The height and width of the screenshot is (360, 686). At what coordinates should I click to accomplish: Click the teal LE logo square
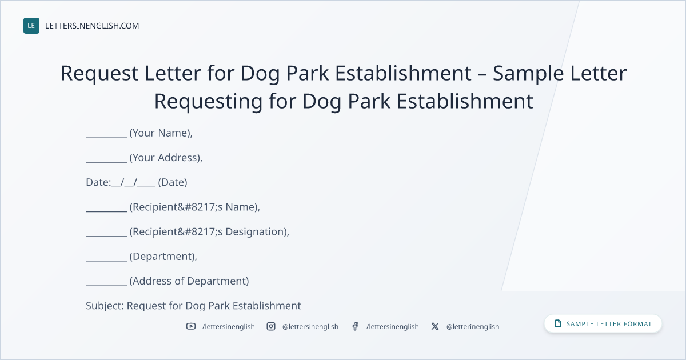(x=31, y=26)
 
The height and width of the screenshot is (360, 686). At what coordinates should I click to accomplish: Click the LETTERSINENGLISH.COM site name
(x=92, y=26)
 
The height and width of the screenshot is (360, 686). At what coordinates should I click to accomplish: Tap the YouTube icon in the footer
(x=191, y=326)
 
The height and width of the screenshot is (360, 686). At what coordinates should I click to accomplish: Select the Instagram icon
(x=271, y=326)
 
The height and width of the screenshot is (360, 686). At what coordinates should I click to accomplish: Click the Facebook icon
(x=355, y=326)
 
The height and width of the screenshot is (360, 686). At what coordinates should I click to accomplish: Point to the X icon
(x=435, y=326)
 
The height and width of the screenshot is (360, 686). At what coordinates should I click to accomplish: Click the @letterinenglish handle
(x=473, y=327)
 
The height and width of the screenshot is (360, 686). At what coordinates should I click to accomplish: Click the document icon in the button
(x=558, y=323)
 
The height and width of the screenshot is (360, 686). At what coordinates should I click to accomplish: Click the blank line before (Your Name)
(x=106, y=138)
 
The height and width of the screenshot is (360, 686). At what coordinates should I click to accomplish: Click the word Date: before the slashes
(x=98, y=182)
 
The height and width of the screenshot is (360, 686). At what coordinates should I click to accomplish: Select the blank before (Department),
(x=106, y=261)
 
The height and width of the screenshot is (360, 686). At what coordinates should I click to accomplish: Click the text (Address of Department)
(x=189, y=281)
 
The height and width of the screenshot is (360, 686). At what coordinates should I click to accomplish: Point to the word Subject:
(x=105, y=306)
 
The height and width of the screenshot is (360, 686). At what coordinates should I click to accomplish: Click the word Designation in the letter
(x=255, y=232)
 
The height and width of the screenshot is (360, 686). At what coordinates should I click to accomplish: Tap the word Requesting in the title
(x=208, y=102)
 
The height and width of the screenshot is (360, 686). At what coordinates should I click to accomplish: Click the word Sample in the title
(x=528, y=74)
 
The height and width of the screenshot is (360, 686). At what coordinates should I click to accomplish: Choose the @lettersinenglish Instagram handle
(x=310, y=327)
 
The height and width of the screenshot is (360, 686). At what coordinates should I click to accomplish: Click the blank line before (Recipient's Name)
(x=106, y=211)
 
